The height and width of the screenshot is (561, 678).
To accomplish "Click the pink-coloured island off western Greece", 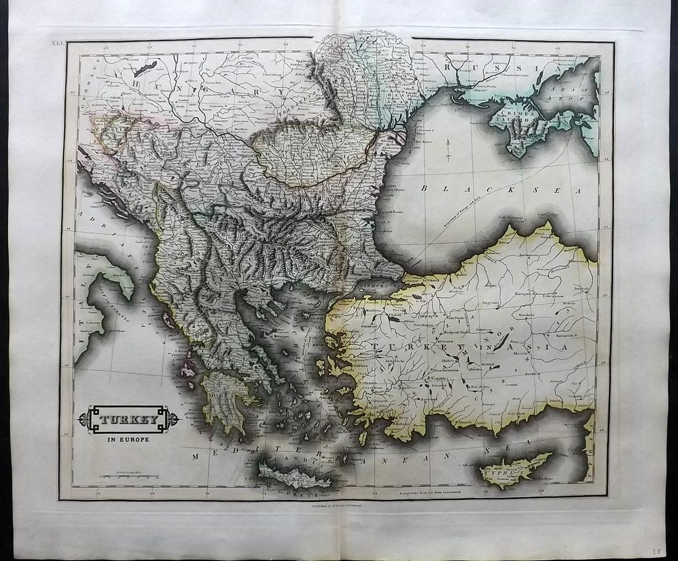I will pos(187,370).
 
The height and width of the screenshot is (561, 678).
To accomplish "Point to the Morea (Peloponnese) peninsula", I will pos(223,400).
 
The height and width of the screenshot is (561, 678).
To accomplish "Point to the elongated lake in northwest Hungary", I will pos(144,67).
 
